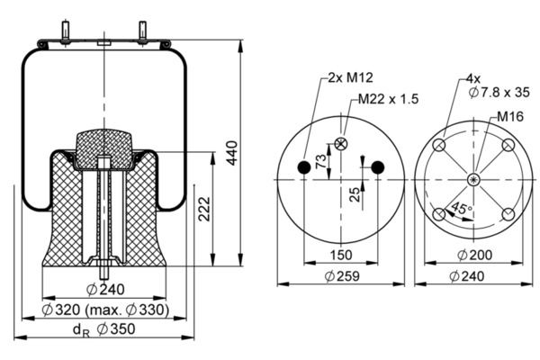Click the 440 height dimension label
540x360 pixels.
(x=232, y=153)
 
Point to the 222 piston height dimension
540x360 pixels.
(x=204, y=209)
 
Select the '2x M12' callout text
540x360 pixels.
(x=350, y=77)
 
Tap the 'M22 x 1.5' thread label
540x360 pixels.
(x=388, y=99)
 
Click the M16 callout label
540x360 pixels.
(x=510, y=117)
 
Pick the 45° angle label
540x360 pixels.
(x=461, y=208)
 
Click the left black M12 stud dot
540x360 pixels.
(x=304, y=167)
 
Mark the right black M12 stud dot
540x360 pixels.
(x=378, y=167)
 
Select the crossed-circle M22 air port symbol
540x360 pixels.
(x=341, y=144)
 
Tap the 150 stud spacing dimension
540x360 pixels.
(x=341, y=256)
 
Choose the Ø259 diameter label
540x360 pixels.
(x=342, y=276)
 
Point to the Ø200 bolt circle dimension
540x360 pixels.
(x=475, y=256)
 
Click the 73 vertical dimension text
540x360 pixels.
(x=320, y=161)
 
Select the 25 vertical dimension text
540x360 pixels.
(x=355, y=194)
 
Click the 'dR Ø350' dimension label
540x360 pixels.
(x=104, y=330)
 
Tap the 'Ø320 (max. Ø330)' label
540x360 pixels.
(x=105, y=310)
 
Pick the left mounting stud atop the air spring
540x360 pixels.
(x=65, y=32)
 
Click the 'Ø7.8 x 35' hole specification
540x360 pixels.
(x=499, y=93)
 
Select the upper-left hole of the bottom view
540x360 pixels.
(x=439, y=145)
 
